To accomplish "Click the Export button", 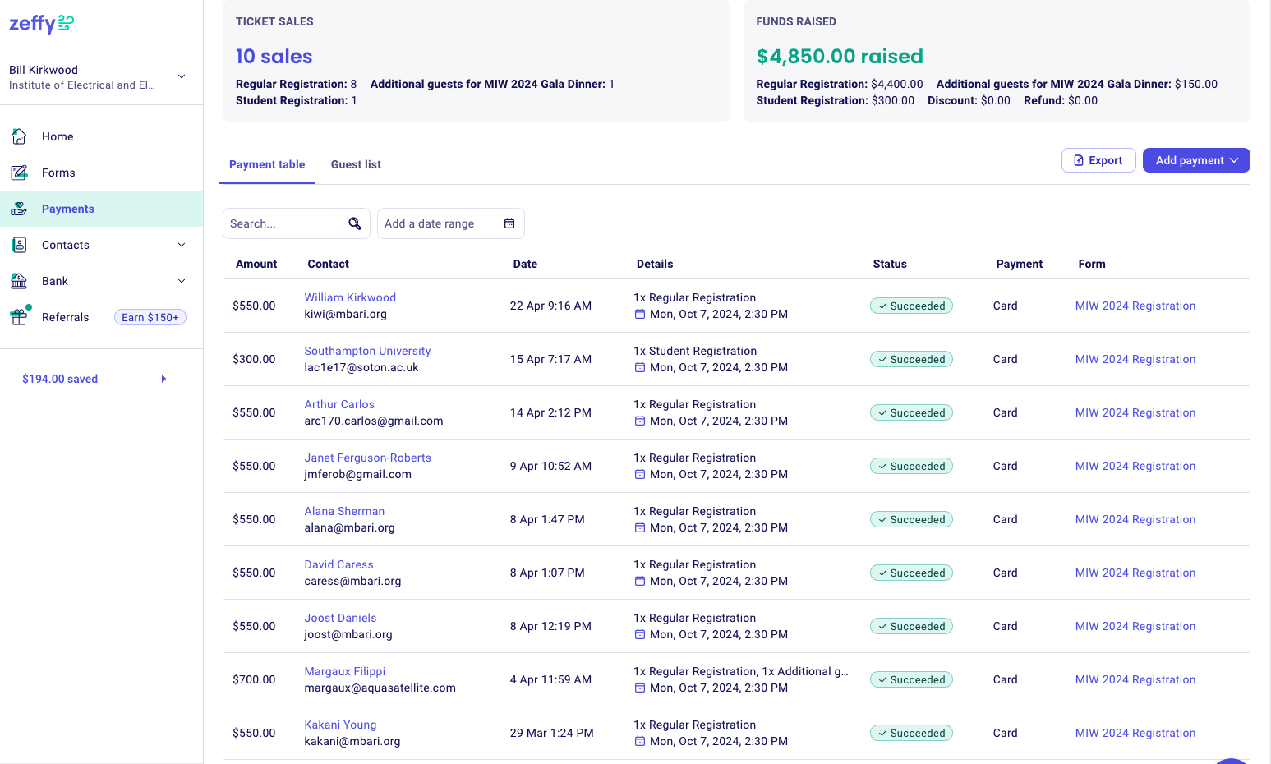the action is pyautogui.click(x=1098, y=160).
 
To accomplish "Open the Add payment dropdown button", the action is pyautogui.click(x=1196, y=160).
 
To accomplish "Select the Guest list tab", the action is pyautogui.click(x=356, y=164).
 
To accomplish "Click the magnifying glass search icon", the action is pyautogui.click(x=355, y=223).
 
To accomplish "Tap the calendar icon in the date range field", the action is pyautogui.click(x=509, y=223).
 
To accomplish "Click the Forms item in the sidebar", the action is pyautogui.click(x=58, y=173).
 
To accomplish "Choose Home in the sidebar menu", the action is pyautogui.click(x=58, y=136).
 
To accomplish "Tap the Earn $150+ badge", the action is pyautogui.click(x=150, y=317).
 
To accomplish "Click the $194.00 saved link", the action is pyautogui.click(x=60, y=379).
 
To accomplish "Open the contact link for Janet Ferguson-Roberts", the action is pyautogui.click(x=368, y=458).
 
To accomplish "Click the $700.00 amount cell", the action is pyautogui.click(x=254, y=679).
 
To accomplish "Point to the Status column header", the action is pyautogui.click(x=890, y=264).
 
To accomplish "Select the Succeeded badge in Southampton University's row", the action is pyautogui.click(x=911, y=359).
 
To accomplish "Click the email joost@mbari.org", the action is pyautogui.click(x=348, y=634).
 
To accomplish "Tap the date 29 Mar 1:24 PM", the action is pyautogui.click(x=551, y=733).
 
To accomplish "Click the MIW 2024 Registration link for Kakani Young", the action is pyautogui.click(x=1135, y=733).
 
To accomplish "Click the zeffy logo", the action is pyautogui.click(x=41, y=24).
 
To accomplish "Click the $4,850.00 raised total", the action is pyautogui.click(x=839, y=56).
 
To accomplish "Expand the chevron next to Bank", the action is pyautogui.click(x=182, y=281).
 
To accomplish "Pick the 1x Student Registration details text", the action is pyautogui.click(x=695, y=351).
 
